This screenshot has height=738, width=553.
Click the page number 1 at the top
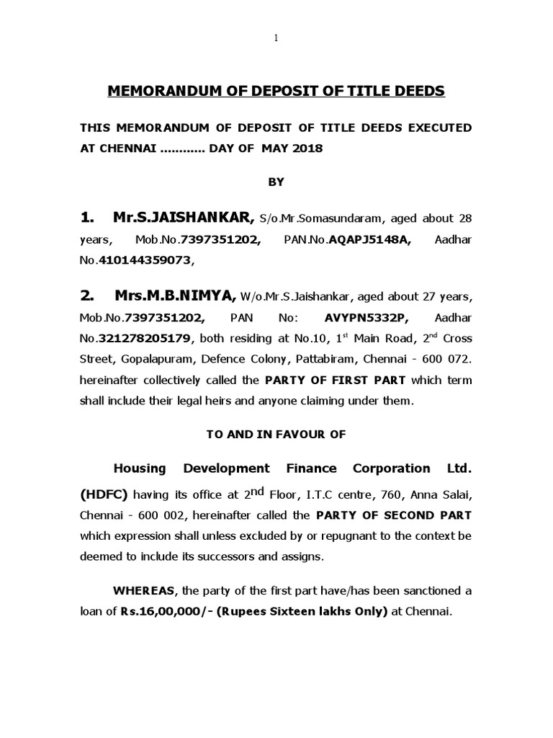pos(276,38)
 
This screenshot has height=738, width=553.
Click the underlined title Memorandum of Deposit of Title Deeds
pos(276,92)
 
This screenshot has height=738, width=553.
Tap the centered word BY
pos(276,182)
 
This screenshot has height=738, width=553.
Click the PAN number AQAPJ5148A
pos(370,239)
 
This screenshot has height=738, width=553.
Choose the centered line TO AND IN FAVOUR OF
pos(276,434)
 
